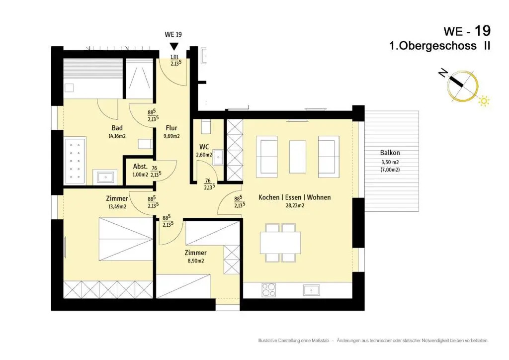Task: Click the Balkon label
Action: coord(390,153)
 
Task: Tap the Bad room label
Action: coord(117,128)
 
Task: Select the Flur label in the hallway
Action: coord(171,128)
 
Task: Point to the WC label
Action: coord(204,147)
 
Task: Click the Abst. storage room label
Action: coord(140,167)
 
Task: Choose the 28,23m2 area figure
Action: coord(295,205)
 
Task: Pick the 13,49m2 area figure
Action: coord(117,206)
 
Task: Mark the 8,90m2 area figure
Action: coord(196,261)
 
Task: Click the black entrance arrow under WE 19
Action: coord(174,46)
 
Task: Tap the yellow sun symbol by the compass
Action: coord(484,101)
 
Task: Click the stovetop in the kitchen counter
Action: coord(269,290)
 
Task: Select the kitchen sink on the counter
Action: coord(311,290)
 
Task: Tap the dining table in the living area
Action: coord(280,243)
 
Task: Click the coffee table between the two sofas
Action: coord(297,157)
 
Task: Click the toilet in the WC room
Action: coord(206,126)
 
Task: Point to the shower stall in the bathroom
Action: coord(139,79)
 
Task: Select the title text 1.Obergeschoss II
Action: coord(440,46)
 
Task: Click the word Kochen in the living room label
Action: coord(269,197)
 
